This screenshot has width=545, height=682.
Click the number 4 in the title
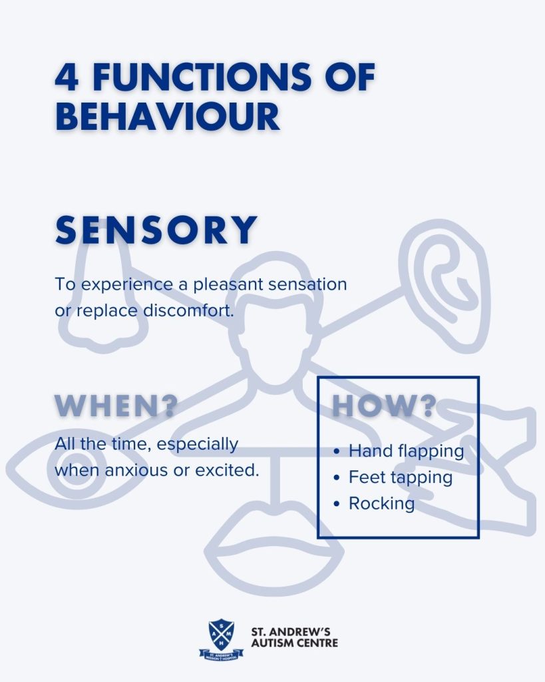point(67,77)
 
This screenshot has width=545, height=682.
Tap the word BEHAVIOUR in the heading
point(168,117)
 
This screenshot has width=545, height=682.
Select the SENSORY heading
point(156,230)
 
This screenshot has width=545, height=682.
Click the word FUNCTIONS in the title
point(202,77)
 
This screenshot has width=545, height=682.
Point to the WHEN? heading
point(116,406)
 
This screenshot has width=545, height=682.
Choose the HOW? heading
point(384,406)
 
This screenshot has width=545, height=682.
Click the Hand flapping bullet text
point(407,452)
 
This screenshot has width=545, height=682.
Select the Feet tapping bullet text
point(401,478)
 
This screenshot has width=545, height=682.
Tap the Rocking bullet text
point(381,504)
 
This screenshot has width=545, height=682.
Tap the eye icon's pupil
point(76,472)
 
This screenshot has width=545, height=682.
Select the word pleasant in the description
point(228,285)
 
